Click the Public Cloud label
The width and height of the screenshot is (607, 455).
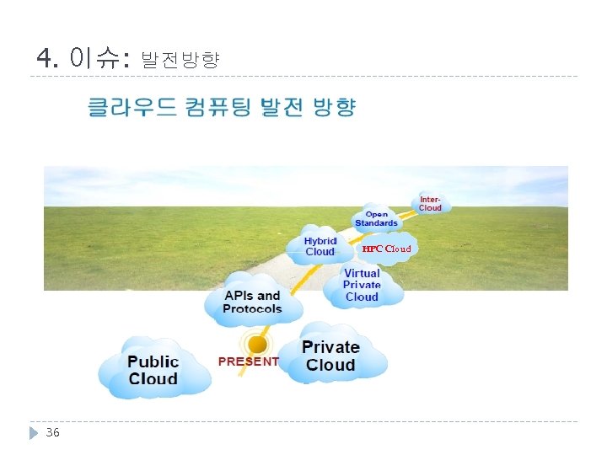153,370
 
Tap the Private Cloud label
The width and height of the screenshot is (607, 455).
330,356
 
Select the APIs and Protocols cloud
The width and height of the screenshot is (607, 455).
252,302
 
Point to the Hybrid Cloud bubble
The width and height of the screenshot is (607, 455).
320,246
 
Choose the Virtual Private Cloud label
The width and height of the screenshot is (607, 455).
362,285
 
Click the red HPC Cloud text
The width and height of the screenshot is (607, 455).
387,249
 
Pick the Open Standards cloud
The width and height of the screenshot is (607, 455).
376,219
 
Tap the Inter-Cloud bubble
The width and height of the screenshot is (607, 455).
431,203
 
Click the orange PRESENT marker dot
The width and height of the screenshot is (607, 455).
258,344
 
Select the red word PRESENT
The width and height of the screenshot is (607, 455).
248,361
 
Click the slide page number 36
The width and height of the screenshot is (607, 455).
52,432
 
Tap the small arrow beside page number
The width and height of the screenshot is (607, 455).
34,432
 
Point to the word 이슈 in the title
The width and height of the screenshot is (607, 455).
95,58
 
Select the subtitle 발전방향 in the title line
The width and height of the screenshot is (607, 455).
180,60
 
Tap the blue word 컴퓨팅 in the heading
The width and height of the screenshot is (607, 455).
212,108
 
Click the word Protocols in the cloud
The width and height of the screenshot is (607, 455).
252,308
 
